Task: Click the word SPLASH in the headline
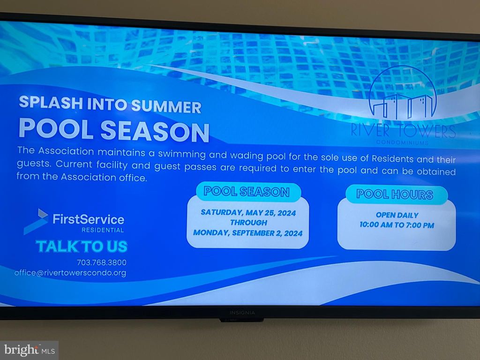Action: (51, 103)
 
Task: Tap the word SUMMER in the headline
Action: (166, 106)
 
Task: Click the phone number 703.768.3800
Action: (101, 262)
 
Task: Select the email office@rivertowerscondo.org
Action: (70, 273)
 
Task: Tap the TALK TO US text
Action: (82, 247)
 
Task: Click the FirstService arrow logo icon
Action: (36, 221)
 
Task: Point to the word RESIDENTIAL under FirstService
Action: (103, 230)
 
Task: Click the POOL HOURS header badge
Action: (397, 195)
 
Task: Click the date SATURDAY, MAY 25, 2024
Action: (248, 213)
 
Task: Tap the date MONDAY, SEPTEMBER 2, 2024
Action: (247, 233)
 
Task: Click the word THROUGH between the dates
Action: (248, 223)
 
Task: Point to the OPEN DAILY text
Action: (397, 215)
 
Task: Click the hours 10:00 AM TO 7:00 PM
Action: (397, 225)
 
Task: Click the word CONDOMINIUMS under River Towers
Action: (402, 142)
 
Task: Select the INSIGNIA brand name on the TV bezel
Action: (242, 313)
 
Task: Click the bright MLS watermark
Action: (30, 350)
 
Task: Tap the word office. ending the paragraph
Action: (133, 178)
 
